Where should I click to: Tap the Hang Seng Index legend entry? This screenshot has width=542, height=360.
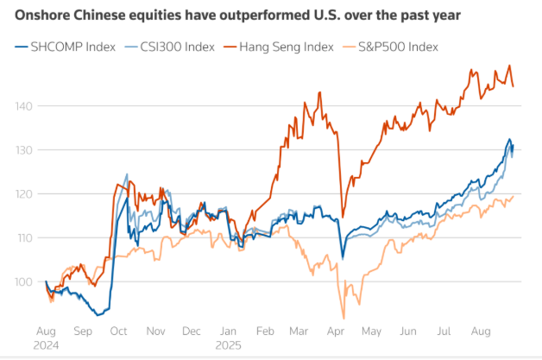click(280, 46)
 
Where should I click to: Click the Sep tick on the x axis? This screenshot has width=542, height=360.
click(83, 330)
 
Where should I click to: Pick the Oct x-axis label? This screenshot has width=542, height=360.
click(119, 330)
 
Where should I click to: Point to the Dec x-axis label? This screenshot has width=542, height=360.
click(192, 330)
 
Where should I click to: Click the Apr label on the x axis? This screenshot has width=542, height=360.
click(336, 330)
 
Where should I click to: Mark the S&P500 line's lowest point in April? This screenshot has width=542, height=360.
click(343, 317)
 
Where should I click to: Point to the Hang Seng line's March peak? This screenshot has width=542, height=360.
click(320, 92)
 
